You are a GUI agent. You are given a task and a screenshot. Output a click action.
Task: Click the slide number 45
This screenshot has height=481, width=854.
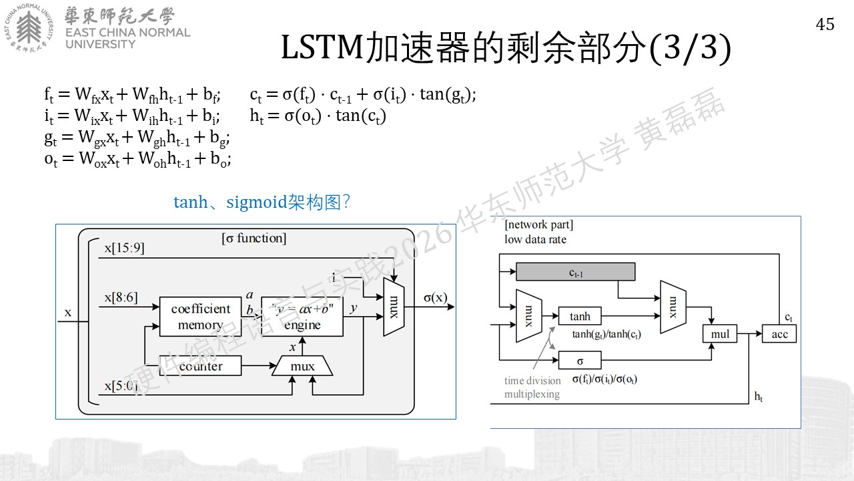click(x=825, y=25)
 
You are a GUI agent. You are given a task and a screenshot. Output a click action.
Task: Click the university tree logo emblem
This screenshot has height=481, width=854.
click(x=29, y=27)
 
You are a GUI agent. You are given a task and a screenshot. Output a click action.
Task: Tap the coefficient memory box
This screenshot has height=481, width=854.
click(x=201, y=317)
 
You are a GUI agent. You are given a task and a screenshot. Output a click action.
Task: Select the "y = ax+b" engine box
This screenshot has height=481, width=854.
click(x=302, y=317)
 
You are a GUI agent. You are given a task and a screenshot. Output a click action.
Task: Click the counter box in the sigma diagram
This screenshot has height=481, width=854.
click(x=201, y=365)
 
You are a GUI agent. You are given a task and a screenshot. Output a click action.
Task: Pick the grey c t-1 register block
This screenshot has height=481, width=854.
click(x=576, y=272)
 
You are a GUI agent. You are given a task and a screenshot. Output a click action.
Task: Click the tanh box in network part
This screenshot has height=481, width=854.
click(x=580, y=316)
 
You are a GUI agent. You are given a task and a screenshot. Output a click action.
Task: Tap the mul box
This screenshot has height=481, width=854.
click(x=720, y=334)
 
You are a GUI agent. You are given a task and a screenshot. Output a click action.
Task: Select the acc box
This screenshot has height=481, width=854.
click(x=779, y=334)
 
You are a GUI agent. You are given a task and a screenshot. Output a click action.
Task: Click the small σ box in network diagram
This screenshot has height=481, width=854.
click(x=580, y=360)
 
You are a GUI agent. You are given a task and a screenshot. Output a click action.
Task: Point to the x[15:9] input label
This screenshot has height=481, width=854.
click(x=125, y=248)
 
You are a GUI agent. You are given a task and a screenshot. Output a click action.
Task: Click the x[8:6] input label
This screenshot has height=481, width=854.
click(x=121, y=297)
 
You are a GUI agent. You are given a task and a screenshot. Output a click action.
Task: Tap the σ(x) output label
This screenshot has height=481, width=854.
click(x=436, y=297)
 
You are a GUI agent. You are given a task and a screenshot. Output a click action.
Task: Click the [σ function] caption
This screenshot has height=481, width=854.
click(x=254, y=238)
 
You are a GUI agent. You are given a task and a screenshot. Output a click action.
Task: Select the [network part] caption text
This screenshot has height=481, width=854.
click(x=538, y=224)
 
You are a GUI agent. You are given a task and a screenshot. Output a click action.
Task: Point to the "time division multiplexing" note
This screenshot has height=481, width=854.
click(x=532, y=387)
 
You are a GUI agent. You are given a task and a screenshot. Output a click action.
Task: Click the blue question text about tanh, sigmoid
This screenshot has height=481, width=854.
click(x=262, y=202)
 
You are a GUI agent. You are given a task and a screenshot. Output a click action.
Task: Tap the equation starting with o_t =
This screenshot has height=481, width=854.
click(x=137, y=158)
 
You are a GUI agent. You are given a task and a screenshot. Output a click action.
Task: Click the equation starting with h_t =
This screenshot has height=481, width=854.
click(x=318, y=116)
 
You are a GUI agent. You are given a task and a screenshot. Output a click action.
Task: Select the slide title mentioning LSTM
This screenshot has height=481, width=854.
click(x=506, y=48)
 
